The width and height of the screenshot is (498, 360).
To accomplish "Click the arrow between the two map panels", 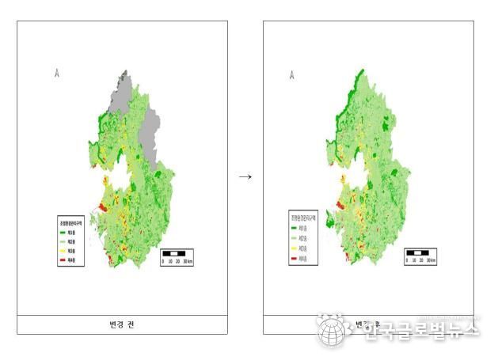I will (245, 176).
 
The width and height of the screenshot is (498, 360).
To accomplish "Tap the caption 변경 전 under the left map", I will (123, 324).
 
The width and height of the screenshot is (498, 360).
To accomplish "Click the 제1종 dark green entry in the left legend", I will (70, 233).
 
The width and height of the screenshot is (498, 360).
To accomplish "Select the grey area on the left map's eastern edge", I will (150, 131).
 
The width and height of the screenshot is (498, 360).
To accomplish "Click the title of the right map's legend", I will (303, 215).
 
